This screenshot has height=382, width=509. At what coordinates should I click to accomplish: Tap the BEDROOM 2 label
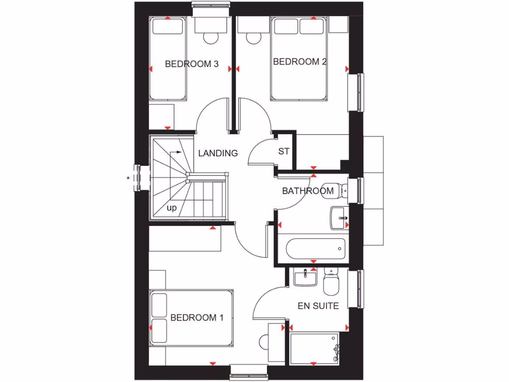click(300, 62)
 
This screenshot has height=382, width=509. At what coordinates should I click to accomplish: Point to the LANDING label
click(218, 153)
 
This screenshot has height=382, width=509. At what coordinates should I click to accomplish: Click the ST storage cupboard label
click(283, 152)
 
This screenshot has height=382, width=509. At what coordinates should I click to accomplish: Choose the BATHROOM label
click(308, 191)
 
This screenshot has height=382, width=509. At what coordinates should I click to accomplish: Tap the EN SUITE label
click(318, 306)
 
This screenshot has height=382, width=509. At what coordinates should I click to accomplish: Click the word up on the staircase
click(171, 208)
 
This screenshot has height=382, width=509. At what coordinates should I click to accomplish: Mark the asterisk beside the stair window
click(128, 178)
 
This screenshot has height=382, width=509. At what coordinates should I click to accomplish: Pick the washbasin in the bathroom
click(338, 218)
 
